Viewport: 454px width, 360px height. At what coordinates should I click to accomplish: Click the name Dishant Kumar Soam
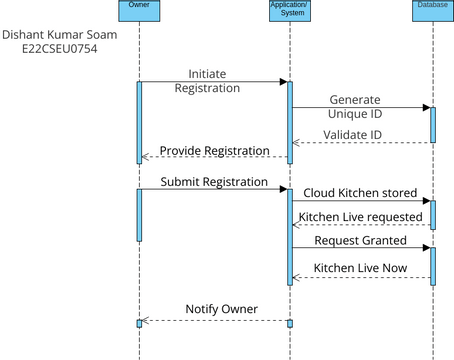[x=59, y=35]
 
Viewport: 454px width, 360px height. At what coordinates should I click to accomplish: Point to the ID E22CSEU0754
[x=59, y=50]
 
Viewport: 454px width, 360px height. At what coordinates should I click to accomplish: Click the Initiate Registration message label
[x=213, y=80]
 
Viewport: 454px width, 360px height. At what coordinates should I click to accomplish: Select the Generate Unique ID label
[x=355, y=107]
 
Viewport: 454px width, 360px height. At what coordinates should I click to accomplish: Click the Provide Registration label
[x=216, y=150]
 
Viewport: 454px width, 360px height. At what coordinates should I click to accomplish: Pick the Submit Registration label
[x=214, y=182]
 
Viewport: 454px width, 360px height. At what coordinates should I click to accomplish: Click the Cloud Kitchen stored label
[x=359, y=191]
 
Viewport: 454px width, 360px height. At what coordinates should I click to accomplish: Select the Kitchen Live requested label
[x=361, y=216]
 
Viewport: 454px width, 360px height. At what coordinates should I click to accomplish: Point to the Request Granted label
[x=360, y=241]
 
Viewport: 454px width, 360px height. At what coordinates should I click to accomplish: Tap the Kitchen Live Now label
[x=360, y=268]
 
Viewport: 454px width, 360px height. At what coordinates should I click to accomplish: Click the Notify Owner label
[x=221, y=308]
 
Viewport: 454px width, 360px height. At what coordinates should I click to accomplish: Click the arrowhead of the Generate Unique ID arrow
[x=425, y=108]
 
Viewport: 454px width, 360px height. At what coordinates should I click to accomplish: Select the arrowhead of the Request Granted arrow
[x=425, y=248]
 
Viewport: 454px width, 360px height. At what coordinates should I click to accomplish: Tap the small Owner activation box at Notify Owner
[x=139, y=323]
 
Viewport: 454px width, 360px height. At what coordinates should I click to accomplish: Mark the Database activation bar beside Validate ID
[x=433, y=123]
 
